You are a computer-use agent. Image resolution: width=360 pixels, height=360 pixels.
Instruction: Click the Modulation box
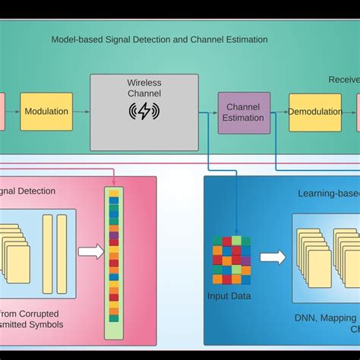[x=46, y=112]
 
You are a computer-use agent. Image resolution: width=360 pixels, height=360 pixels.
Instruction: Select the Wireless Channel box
[x=144, y=111]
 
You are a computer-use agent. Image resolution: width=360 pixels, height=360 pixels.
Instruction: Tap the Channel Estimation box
[x=244, y=112]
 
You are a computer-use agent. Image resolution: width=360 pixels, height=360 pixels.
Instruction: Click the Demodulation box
[x=315, y=112]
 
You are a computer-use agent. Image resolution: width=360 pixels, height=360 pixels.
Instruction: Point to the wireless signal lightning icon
[x=144, y=112]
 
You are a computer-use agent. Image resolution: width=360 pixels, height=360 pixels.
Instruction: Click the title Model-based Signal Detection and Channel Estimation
[x=159, y=39]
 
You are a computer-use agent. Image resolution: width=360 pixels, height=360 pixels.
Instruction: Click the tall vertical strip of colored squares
[x=113, y=263]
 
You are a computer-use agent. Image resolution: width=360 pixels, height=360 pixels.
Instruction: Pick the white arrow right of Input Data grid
[x=273, y=257]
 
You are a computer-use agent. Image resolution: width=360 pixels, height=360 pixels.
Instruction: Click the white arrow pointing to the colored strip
[x=90, y=251]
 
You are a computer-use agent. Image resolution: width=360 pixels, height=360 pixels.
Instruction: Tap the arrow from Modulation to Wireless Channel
[x=81, y=112]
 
